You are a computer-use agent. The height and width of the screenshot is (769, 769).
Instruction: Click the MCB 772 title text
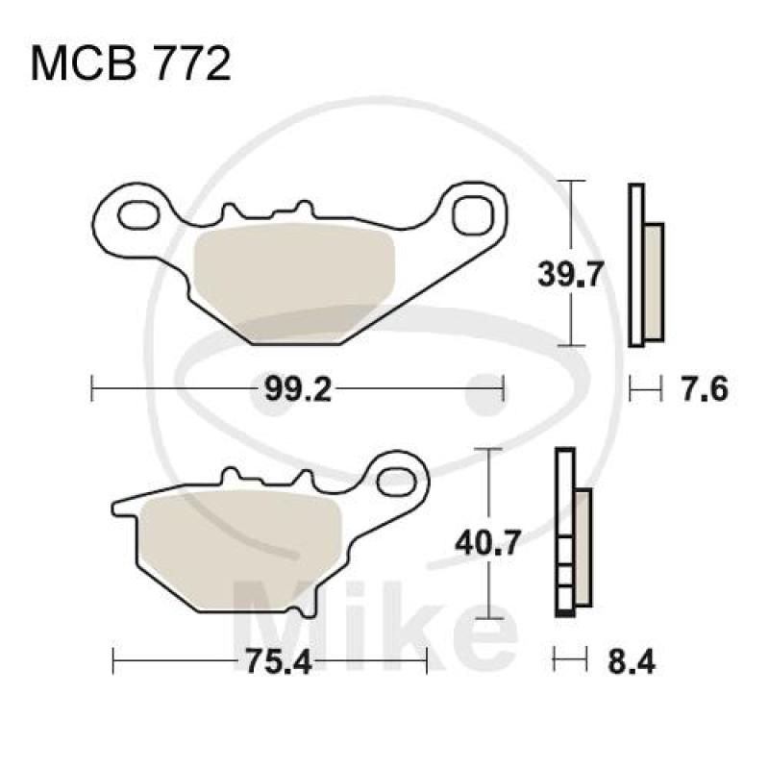pos(132,65)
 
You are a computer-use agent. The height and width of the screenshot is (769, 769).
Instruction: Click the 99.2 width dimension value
pos(287,389)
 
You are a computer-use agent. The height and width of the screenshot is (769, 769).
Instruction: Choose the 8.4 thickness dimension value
pos(631,661)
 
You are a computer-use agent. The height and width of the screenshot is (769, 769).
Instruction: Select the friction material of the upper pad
pos(295,279)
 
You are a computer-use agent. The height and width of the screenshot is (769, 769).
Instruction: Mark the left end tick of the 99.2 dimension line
pos(91,389)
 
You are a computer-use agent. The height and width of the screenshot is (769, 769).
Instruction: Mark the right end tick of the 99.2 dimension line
pos(503,389)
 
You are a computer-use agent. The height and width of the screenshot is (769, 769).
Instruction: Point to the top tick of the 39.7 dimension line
pos(573,181)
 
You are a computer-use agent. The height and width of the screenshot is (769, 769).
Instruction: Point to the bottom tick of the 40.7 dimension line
pos(491,616)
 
